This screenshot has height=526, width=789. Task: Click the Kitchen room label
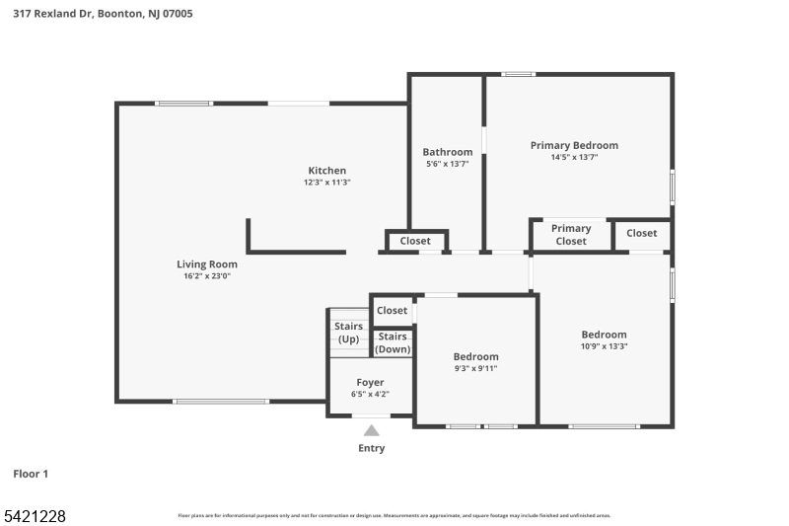[326, 171]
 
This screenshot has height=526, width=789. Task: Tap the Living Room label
[207, 263]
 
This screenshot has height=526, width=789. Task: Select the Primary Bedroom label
[574, 145]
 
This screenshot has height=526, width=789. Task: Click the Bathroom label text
[448, 152]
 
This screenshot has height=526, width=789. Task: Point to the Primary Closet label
[571, 235]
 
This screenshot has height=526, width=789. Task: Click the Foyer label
[370, 382]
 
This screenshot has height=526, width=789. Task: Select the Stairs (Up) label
[348, 333]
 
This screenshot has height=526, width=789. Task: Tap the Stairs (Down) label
[393, 342]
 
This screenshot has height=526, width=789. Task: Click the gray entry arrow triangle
[372, 430]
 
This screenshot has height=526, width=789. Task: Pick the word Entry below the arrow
[372, 448]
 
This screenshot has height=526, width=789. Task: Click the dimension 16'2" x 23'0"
[207, 276]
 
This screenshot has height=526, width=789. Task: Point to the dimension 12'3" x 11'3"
[326, 183]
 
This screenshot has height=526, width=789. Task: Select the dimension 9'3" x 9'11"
[475, 368]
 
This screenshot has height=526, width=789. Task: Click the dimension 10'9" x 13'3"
[604, 346]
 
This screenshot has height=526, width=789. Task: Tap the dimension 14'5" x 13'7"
[574, 157]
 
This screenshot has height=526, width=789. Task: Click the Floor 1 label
[31, 474]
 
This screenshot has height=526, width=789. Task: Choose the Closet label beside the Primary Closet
[641, 233]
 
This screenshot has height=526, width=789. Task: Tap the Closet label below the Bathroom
[415, 241]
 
